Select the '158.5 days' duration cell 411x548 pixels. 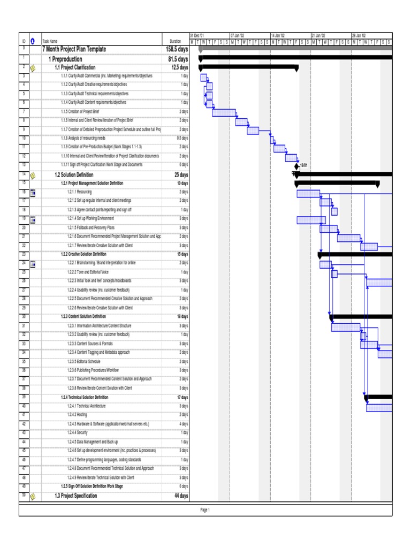pyautogui.click(x=177, y=49)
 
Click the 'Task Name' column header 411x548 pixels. pyautogui.click(x=50, y=41)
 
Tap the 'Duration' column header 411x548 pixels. pyautogui.click(x=176, y=41)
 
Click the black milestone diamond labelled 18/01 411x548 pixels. pyautogui.click(x=296, y=166)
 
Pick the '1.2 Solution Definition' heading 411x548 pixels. pyautogui.click(x=74, y=174)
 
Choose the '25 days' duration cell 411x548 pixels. pyautogui.click(x=181, y=174)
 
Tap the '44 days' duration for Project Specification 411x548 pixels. pyautogui.click(x=181, y=496)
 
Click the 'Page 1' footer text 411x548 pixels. pyautogui.click(x=205, y=510)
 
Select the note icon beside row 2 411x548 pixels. pyautogui.click(x=33, y=68)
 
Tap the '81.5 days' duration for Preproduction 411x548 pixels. pyautogui.click(x=178, y=59)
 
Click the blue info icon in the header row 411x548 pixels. pyautogui.click(x=33, y=41)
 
